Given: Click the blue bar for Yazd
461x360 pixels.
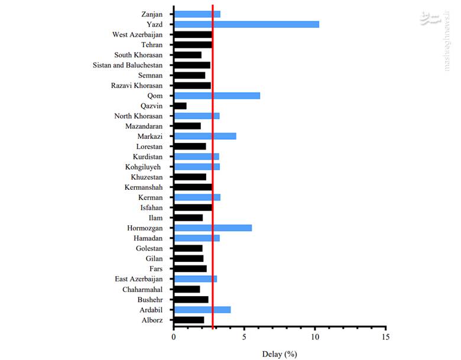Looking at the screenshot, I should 246,24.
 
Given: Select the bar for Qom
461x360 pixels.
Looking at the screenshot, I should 217,96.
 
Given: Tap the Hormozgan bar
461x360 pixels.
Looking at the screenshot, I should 213,228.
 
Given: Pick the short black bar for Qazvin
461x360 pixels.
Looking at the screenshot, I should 180,106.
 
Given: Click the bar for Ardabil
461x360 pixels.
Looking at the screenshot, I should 202,309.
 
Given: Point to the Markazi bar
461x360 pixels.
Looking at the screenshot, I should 205,136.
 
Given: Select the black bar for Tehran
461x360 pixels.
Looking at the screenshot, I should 193,44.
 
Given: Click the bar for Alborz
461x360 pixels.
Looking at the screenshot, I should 189,320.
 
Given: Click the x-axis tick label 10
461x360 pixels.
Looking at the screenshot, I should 315,336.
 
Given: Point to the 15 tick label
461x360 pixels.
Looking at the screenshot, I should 385,336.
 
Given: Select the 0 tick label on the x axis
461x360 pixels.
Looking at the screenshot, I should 174,336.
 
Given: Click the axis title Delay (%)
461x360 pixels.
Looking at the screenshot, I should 280,354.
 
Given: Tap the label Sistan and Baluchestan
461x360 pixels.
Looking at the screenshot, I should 128,65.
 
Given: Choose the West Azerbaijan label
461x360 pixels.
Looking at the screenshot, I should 137,34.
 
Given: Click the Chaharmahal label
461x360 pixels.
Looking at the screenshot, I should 142,289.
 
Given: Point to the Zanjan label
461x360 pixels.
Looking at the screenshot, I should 152,14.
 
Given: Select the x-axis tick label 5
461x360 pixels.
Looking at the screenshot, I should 244,336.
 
